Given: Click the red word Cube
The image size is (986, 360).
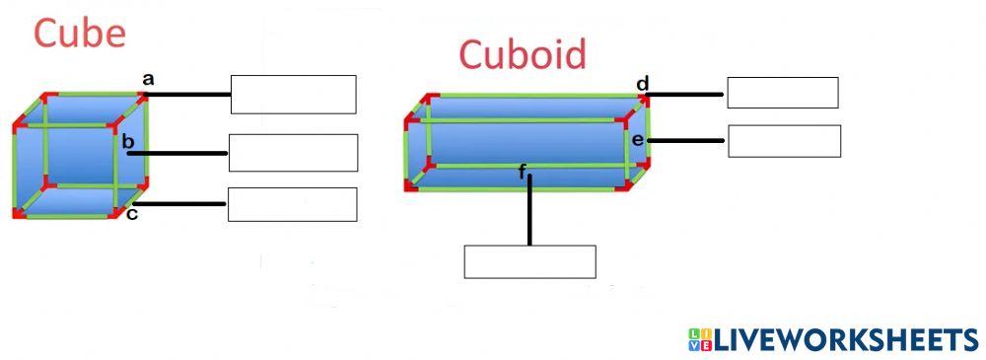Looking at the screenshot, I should (x=80, y=34).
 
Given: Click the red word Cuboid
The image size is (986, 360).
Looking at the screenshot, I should (x=522, y=54).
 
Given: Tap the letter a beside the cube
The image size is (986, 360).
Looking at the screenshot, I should (x=148, y=78).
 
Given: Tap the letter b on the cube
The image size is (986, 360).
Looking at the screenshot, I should (x=128, y=143).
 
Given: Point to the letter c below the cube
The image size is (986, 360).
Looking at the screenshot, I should (x=132, y=214).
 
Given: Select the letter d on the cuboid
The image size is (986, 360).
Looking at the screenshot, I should (x=642, y=83).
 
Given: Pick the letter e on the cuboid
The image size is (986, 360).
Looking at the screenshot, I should (x=638, y=140).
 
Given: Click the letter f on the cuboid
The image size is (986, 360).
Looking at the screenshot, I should (x=523, y=173).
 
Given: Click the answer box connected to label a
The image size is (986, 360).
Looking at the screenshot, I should (x=293, y=95).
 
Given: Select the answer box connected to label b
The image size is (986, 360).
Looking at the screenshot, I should (x=293, y=153).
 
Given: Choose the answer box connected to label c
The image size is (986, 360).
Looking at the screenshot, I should (x=292, y=204).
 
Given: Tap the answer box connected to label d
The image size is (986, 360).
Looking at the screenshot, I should (x=782, y=93).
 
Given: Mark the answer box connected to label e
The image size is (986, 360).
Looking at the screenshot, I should (x=784, y=141).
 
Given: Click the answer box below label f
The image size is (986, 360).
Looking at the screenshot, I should (x=529, y=261).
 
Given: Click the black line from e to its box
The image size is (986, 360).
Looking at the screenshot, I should (x=687, y=141).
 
